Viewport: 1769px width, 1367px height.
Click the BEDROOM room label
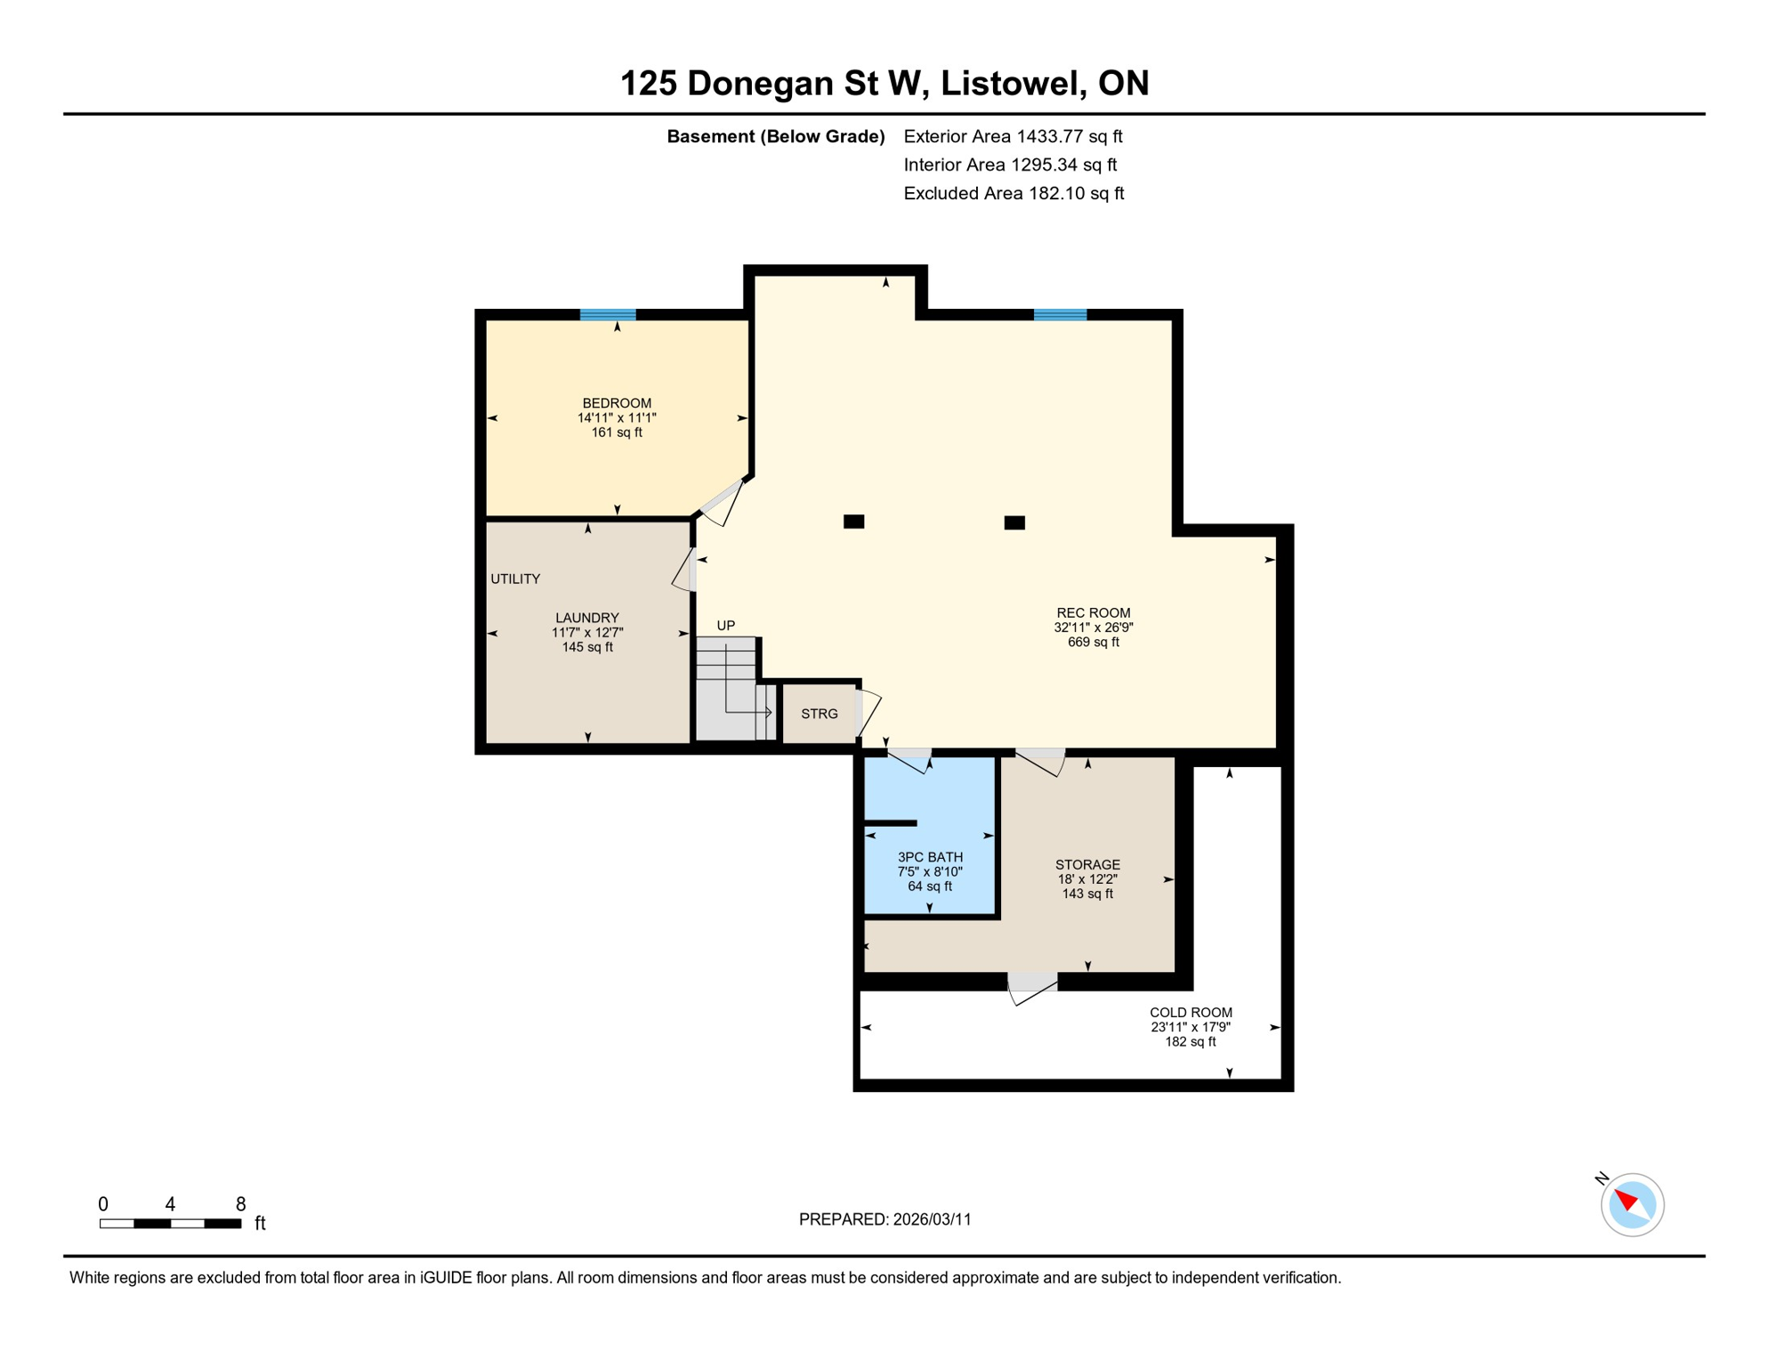pyautogui.click(x=617, y=403)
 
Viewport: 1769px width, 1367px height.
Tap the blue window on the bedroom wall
pyautogui.click(x=608, y=315)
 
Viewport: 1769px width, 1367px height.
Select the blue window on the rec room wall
pyautogui.click(x=1060, y=315)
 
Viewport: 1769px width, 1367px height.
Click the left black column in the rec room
pyautogui.click(x=853, y=522)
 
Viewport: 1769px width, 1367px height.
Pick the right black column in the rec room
pyautogui.click(x=1014, y=522)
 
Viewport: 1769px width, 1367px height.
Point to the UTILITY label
pyautogui.click(x=515, y=579)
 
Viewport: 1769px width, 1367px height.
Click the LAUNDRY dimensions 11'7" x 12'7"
pyautogui.click(x=587, y=633)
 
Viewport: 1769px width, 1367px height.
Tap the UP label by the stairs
pyautogui.click(x=726, y=626)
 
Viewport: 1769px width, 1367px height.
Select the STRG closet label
pyautogui.click(x=819, y=714)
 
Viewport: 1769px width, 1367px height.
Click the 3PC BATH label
pyautogui.click(x=930, y=857)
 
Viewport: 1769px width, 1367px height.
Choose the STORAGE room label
pyautogui.click(x=1087, y=865)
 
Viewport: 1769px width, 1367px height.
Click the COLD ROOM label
pyautogui.click(x=1191, y=1013)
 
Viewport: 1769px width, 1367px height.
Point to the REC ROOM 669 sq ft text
pyautogui.click(x=1094, y=642)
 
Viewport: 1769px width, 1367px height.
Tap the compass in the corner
pyautogui.click(x=1632, y=1205)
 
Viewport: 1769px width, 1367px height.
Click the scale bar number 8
pyautogui.click(x=240, y=1204)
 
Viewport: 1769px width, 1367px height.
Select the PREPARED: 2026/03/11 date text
pyautogui.click(x=884, y=1219)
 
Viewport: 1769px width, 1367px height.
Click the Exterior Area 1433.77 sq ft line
pyautogui.click(x=1013, y=136)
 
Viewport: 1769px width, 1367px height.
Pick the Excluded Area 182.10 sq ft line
pyautogui.click(x=1014, y=193)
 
